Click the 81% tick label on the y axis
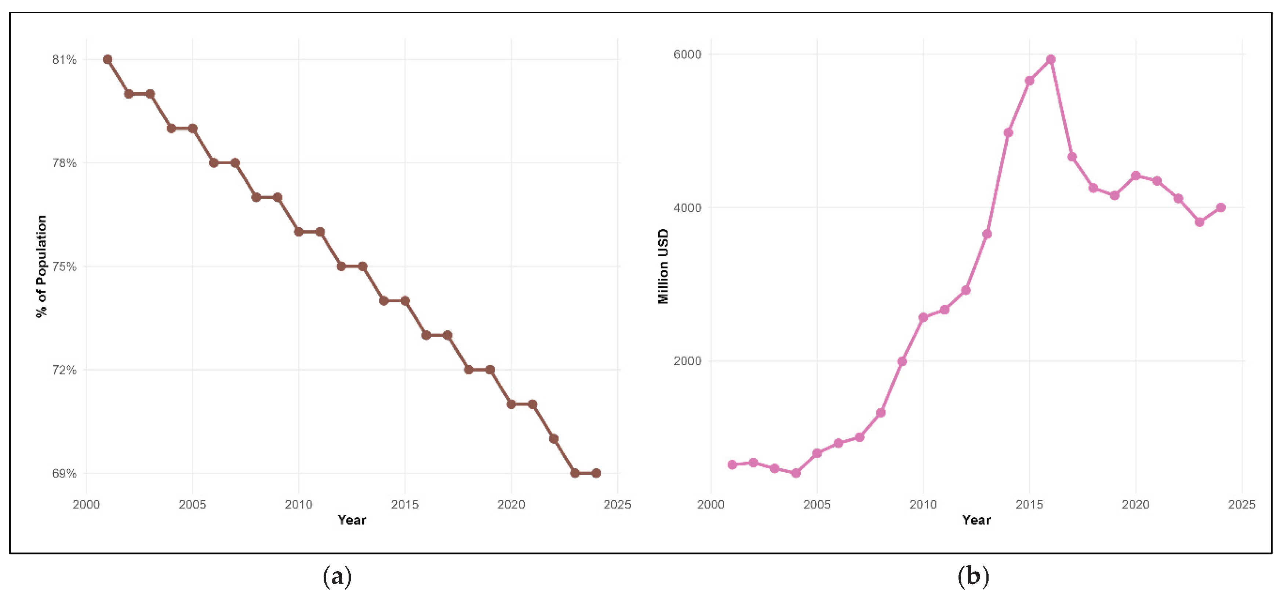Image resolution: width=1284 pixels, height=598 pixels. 64,60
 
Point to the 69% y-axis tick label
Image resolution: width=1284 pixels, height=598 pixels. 64,473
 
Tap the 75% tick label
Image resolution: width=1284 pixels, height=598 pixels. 64,267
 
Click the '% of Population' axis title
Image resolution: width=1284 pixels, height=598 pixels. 41,267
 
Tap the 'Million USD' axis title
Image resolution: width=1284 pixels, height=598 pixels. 663,267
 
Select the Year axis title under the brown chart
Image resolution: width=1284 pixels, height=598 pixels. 352,520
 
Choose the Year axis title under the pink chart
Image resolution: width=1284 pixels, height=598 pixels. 976,520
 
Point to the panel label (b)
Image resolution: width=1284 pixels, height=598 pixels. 972,577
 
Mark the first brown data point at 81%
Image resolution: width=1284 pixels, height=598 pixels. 108,60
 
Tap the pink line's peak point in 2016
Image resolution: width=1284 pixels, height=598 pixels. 1051,60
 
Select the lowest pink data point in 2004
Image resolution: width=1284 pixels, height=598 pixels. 796,473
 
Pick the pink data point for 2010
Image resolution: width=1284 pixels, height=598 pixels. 923,318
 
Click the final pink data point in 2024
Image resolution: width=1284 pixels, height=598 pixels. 1221,208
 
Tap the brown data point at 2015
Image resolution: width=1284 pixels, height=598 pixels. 405,301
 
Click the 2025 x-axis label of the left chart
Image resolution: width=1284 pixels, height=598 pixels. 617,505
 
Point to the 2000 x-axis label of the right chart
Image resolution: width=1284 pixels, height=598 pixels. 711,505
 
